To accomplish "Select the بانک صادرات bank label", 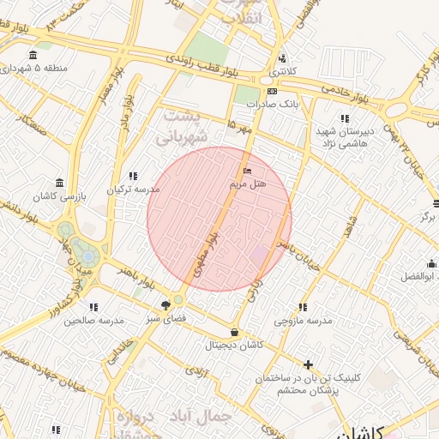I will [272, 103].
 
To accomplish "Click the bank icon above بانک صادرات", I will [272, 91].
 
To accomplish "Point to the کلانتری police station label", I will [282, 71].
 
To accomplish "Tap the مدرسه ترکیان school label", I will [133, 189].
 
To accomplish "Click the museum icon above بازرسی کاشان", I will [58, 183].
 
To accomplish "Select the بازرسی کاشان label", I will [58, 196].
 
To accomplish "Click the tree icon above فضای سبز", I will [165, 305].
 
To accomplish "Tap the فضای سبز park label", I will [165, 319].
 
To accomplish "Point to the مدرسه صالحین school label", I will [93, 319].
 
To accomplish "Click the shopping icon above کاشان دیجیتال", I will [234, 332].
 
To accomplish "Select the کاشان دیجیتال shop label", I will [234, 345].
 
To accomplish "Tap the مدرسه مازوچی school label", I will [302, 321].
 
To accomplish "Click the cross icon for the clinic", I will [308, 364].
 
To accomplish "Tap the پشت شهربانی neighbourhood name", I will [183, 125].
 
